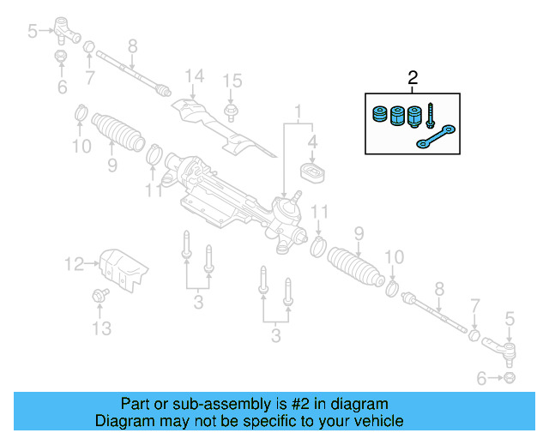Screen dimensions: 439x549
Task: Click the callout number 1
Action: (x=299, y=111)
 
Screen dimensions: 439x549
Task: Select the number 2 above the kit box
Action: (x=413, y=79)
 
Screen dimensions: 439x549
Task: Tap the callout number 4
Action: (x=313, y=142)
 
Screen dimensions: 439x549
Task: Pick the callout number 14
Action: (x=194, y=75)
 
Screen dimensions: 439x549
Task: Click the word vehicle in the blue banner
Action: (x=377, y=421)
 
